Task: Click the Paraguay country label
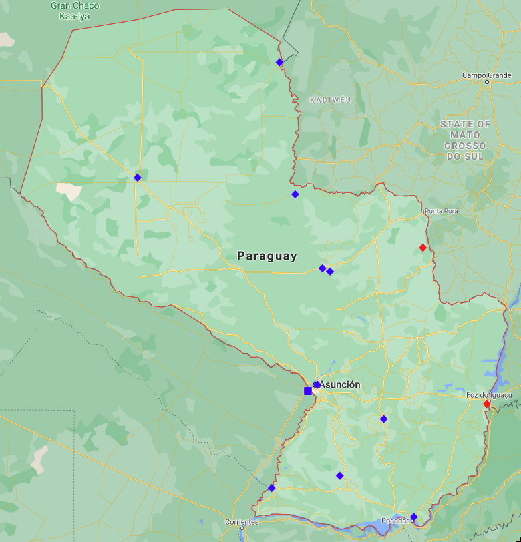267,256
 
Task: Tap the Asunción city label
340,384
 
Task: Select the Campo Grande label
486,75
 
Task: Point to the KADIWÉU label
330,99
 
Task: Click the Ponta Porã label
442,211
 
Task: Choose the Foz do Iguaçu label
488,395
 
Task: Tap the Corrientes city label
241,521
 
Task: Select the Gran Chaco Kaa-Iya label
75,10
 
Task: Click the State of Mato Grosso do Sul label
466,140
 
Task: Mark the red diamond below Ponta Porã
423,248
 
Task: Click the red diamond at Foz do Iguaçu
487,403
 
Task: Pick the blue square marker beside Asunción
308,390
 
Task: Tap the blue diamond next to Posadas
413,517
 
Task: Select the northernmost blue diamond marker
279,62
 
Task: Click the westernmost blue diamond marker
137,177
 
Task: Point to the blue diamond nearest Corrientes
271,488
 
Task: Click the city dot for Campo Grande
488,81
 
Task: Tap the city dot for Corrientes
242,528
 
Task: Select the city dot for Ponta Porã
423,211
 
